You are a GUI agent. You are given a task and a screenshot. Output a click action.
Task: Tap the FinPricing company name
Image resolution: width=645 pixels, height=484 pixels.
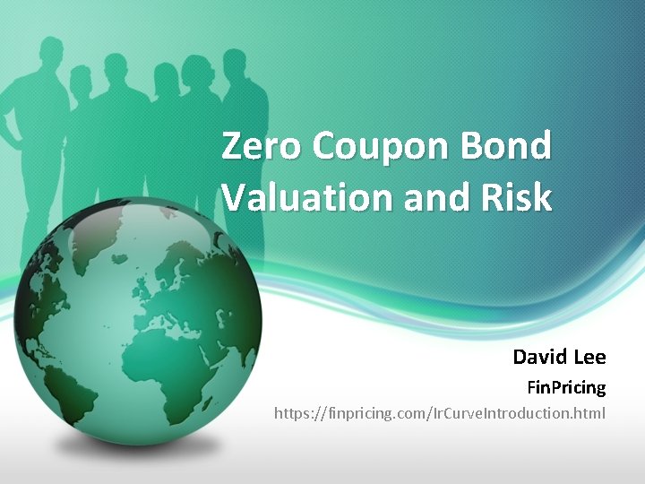coord(564,388)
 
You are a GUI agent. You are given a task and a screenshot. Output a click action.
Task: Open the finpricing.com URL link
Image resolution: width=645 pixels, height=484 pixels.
coord(439,413)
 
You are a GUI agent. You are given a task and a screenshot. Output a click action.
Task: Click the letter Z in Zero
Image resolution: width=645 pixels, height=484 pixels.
coord(232,146)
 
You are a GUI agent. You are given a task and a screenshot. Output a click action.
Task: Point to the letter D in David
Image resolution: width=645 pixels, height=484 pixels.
coord(520,358)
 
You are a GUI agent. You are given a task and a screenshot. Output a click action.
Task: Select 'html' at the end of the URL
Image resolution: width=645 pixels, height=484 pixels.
coord(591,413)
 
